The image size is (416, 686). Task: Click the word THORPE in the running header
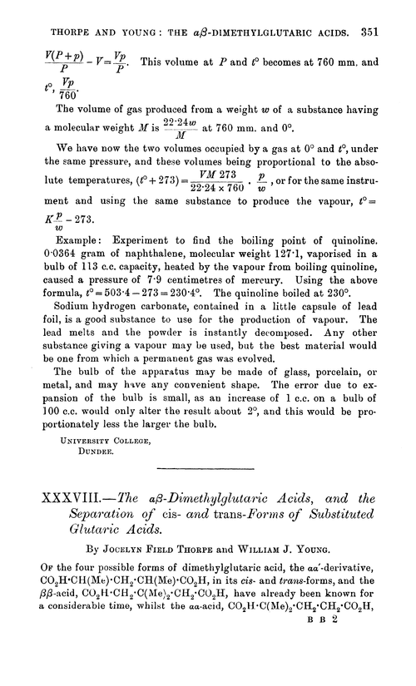point(51,12)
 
